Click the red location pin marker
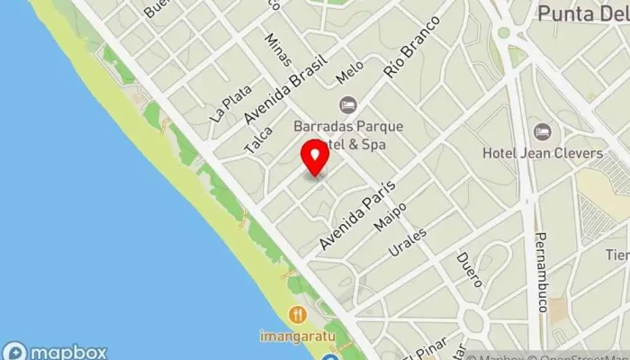314,157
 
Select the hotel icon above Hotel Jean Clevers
542,132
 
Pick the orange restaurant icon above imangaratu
299,314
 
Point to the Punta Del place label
581,13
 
